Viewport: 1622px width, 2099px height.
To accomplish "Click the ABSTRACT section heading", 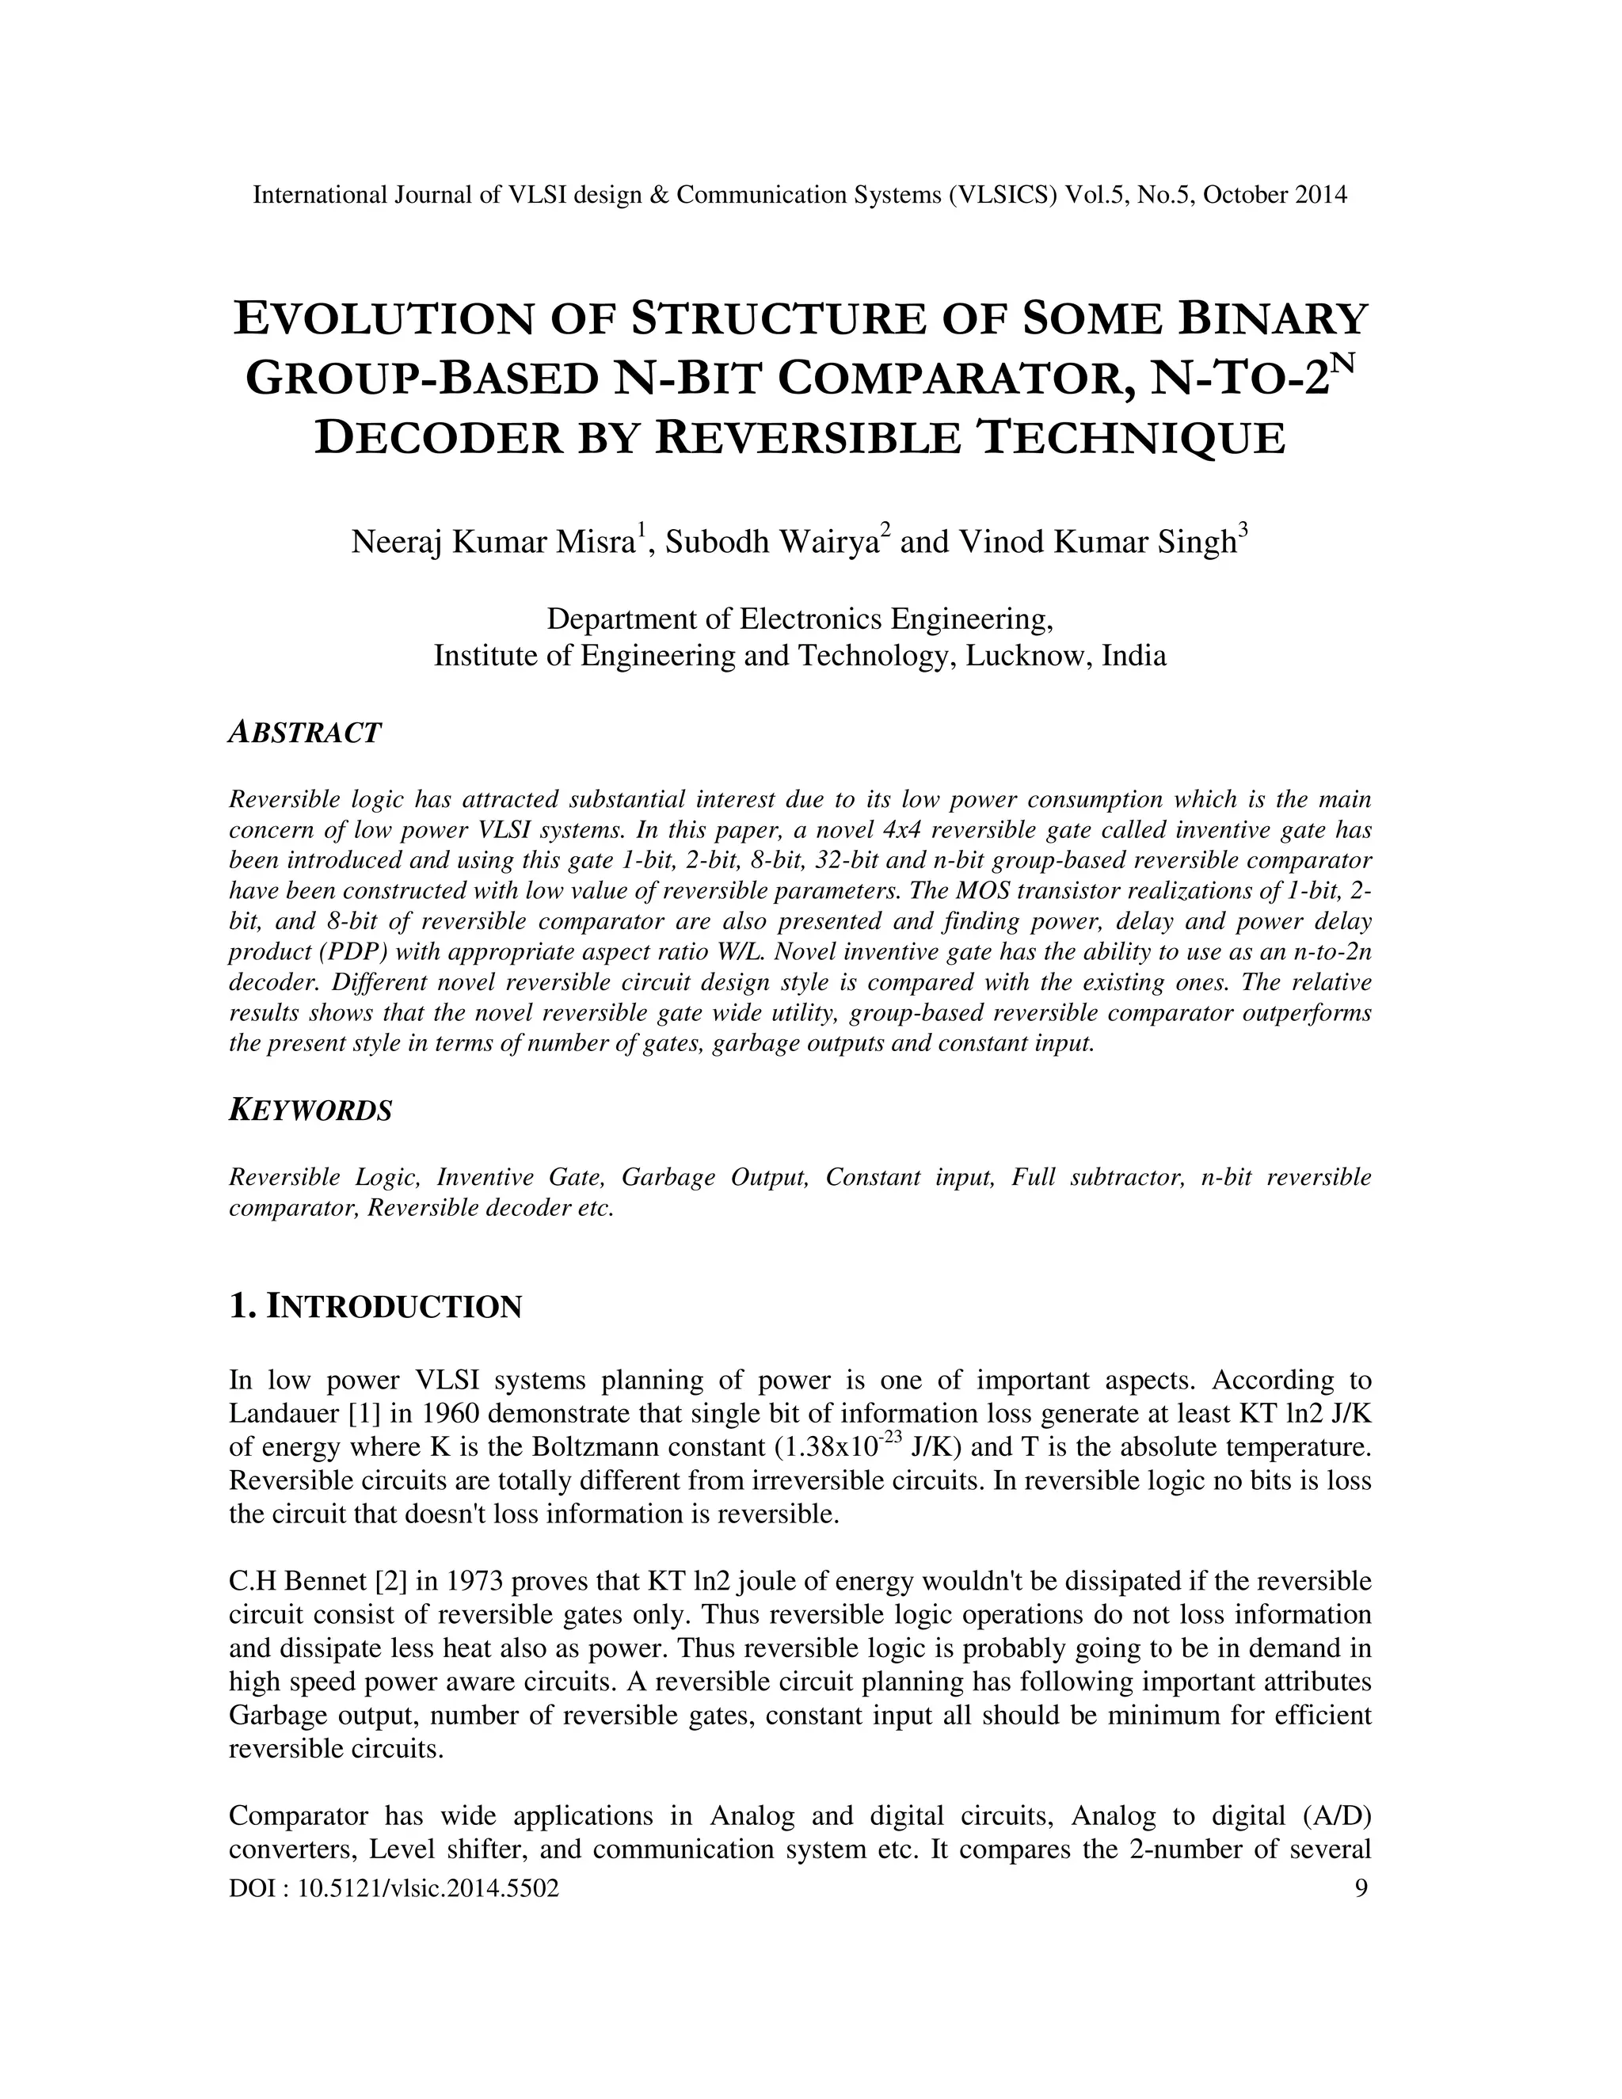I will [x=305, y=733].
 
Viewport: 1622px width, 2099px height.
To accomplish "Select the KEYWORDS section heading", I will [x=310, y=1111].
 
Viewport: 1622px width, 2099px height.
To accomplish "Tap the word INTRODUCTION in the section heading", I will [x=393, y=1307].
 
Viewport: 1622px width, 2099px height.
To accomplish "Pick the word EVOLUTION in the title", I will [x=380, y=319].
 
